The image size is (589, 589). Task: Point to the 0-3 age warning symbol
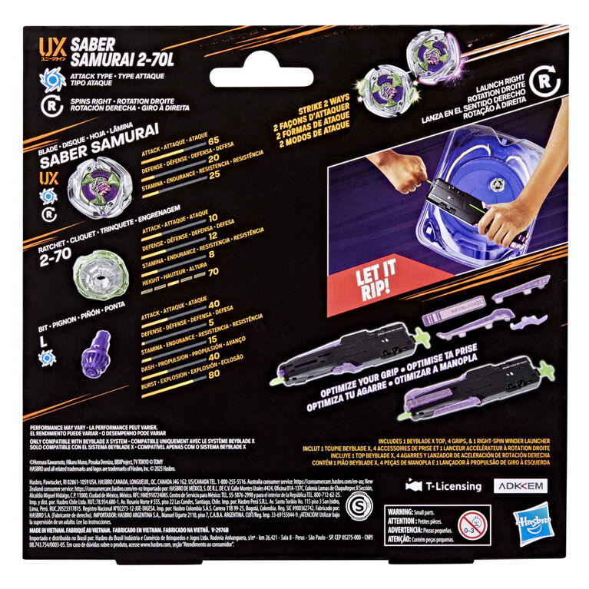pos(469,524)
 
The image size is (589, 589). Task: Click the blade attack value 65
pos(214,141)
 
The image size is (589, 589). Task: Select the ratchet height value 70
pos(214,271)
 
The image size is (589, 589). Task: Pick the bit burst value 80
pos(214,375)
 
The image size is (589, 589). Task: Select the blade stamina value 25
pos(214,175)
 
